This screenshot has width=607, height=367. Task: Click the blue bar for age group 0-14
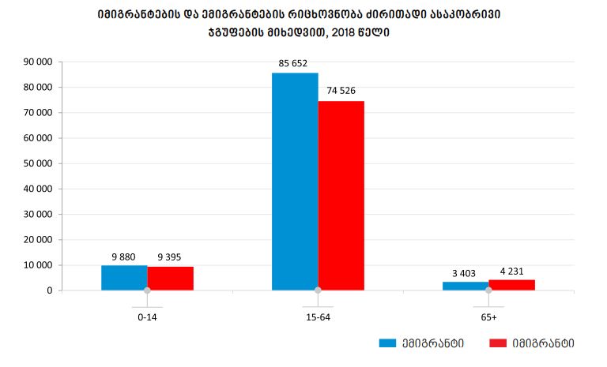click(124, 278)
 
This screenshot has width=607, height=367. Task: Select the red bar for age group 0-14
click(170, 279)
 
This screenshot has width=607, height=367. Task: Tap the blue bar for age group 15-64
click(295, 182)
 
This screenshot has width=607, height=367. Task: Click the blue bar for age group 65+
click(466, 286)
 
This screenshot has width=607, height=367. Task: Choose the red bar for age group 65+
click(511, 285)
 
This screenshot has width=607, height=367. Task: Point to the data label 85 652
click(294, 62)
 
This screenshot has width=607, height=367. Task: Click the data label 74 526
click(341, 91)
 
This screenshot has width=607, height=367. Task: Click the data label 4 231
click(511, 270)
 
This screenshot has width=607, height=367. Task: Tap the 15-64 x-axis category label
click(318, 317)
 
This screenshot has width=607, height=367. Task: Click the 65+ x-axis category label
click(488, 317)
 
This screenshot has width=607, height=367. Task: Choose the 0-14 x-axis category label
click(147, 317)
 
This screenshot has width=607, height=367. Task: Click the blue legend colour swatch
click(387, 343)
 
